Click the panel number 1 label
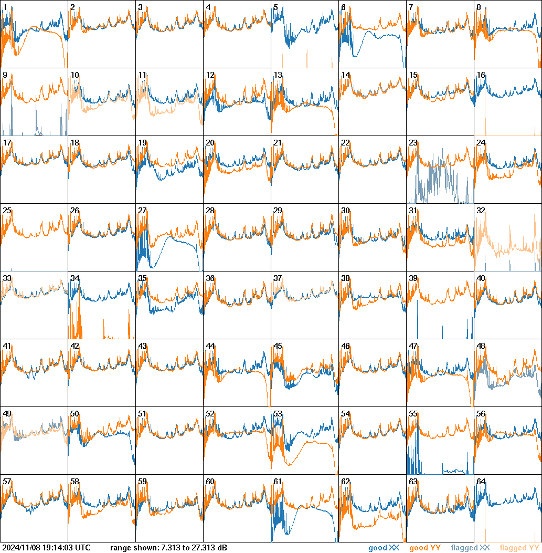pyautogui.click(x=5, y=7)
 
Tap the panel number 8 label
pyautogui.click(x=479, y=7)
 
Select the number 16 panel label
pyautogui.click(x=481, y=75)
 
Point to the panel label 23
pyautogui.click(x=413, y=143)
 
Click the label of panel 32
pyautogui.click(x=481, y=211)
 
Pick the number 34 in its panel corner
pyautogui.click(x=75, y=278)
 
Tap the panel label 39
pyautogui.click(x=413, y=278)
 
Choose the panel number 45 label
pyautogui.click(x=278, y=346)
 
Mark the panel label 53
pyautogui.click(x=278, y=414)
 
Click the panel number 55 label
pyautogui.click(x=413, y=414)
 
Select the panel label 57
pyautogui.click(x=7, y=482)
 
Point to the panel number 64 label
pyautogui.click(x=481, y=482)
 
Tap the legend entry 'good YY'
pyautogui.click(x=424, y=548)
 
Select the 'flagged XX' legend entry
pyautogui.click(x=470, y=548)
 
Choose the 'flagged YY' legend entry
pyautogui.click(x=519, y=548)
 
